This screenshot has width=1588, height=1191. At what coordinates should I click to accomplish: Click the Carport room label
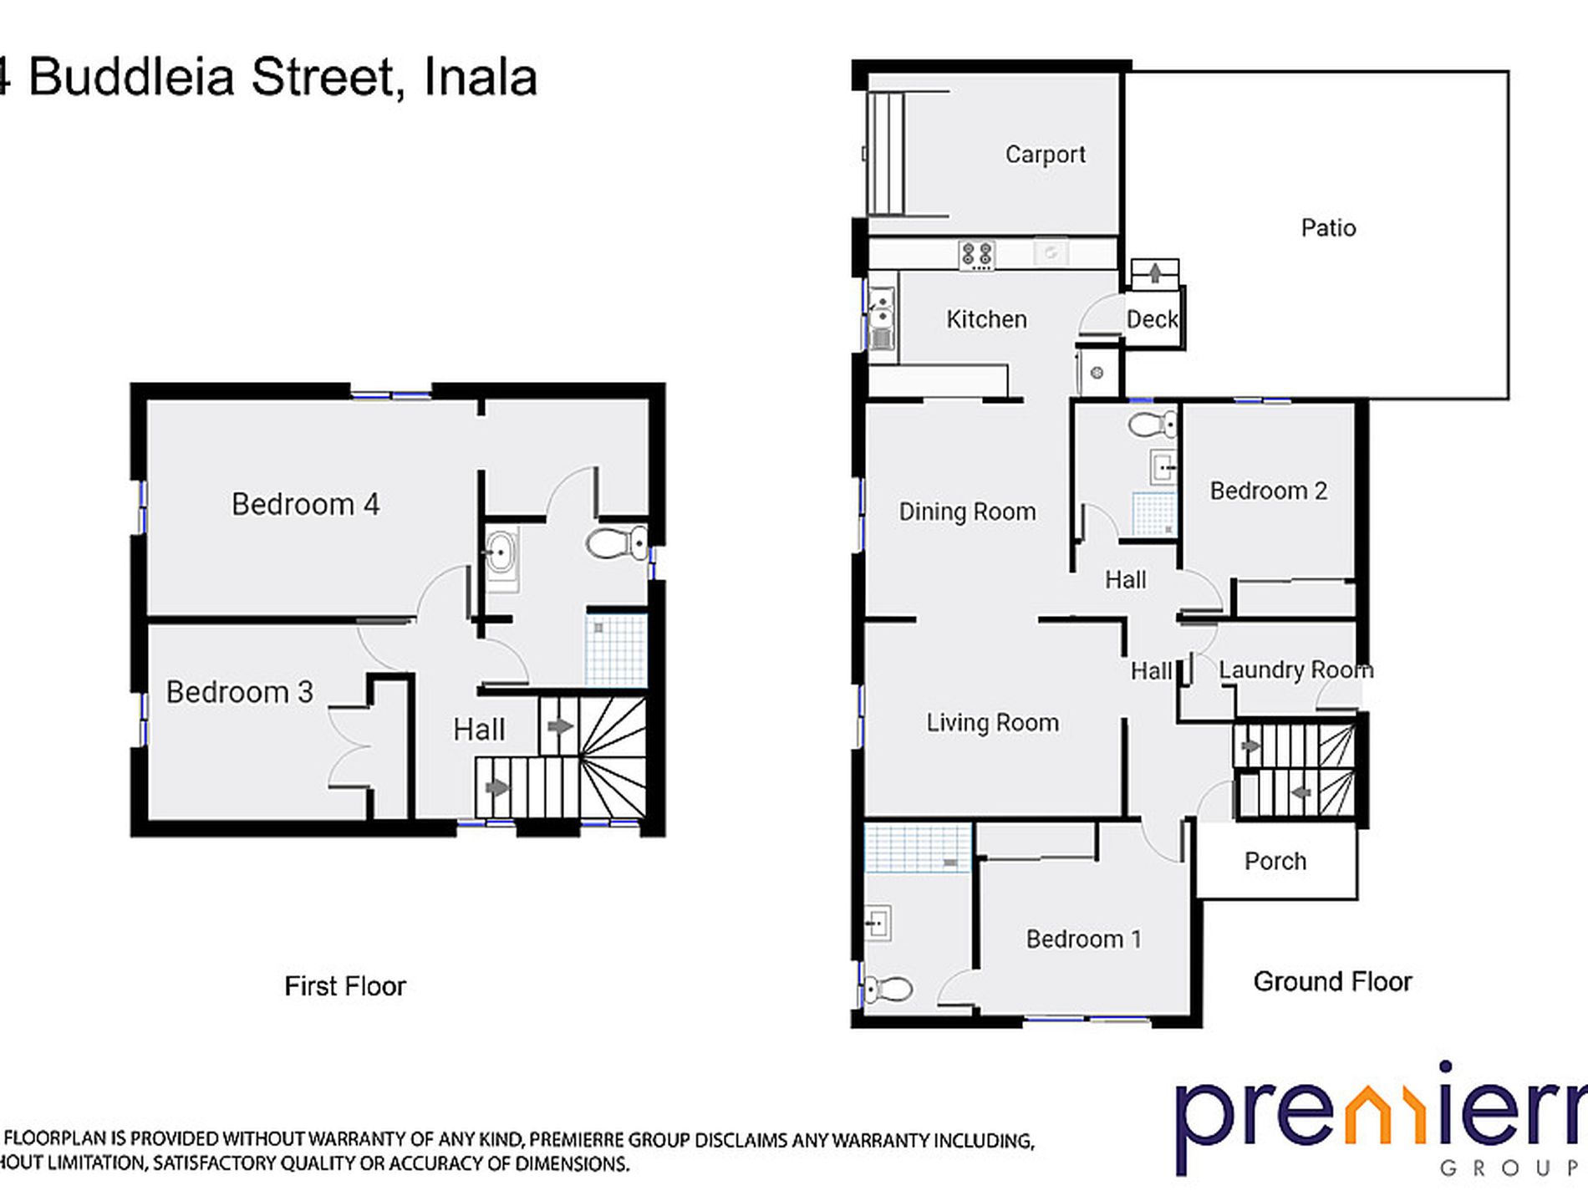click(x=1045, y=155)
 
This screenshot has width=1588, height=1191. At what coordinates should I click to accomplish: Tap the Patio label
click(x=1328, y=227)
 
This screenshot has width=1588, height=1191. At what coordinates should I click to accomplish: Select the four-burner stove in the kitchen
click(x=976, y=255)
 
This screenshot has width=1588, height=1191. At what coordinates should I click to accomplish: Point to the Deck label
click(x=1152, y=319)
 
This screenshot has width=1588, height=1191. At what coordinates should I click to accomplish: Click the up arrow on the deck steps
click(x=1154, y=272)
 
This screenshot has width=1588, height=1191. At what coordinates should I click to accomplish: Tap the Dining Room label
click(x=967, y=512)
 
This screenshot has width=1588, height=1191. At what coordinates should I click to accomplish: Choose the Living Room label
click(x=992, y=722)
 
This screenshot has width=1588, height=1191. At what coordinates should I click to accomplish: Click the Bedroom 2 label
click(x=1268, y=491)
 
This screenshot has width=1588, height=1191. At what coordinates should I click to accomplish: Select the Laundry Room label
click(x=1295, y=669)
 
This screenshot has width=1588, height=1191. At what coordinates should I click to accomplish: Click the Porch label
click(x=1275, y=861)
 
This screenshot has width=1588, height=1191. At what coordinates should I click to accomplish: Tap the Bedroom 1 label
click(x=1083, y=939)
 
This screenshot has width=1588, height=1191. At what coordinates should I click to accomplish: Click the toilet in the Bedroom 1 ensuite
click(x=888, y=990)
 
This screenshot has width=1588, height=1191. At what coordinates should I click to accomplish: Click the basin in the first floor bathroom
click(x=501, y=552)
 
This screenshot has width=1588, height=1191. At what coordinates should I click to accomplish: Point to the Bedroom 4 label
click(x=305, y=504)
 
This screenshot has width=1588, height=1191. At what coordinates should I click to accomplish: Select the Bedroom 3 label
click(x=239, y=692)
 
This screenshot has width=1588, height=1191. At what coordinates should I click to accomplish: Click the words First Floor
click(x=344, y=986)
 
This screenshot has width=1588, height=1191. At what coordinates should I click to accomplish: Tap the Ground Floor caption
click(x=1332, y=981)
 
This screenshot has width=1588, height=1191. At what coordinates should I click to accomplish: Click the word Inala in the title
click(x=480, y=78)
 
